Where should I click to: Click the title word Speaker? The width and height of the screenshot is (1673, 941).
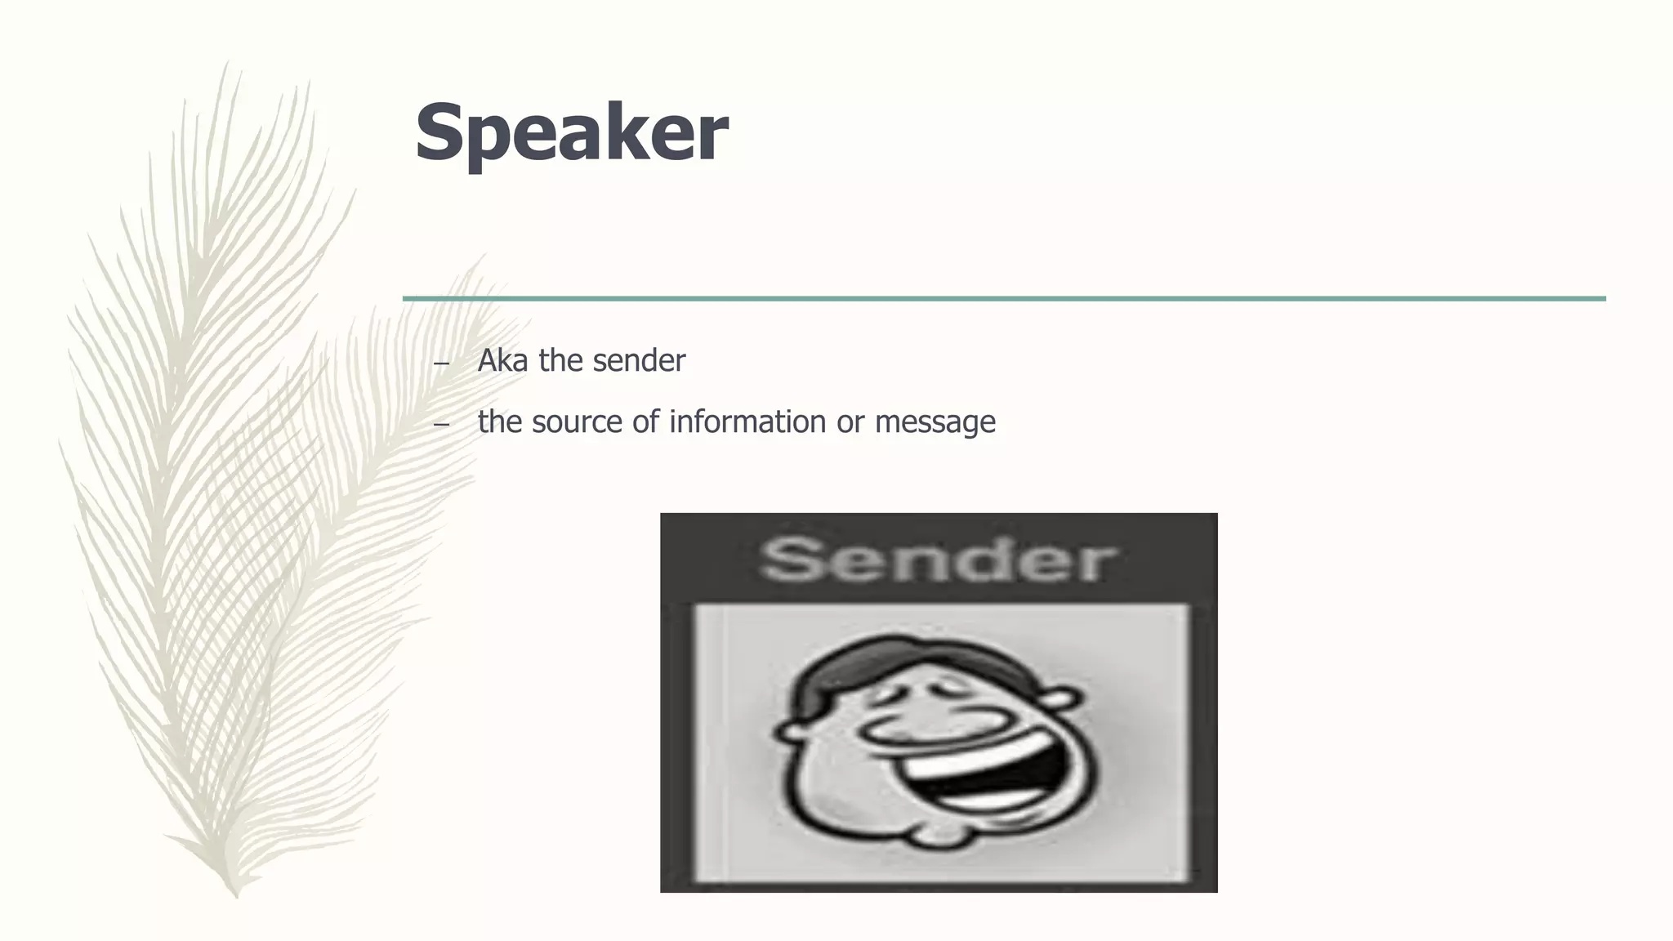571,133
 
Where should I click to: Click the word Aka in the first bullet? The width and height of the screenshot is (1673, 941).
502,361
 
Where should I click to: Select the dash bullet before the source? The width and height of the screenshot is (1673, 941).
441,425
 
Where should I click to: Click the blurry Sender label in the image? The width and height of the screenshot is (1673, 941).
937,560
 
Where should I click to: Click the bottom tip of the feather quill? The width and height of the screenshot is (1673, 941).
237,894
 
